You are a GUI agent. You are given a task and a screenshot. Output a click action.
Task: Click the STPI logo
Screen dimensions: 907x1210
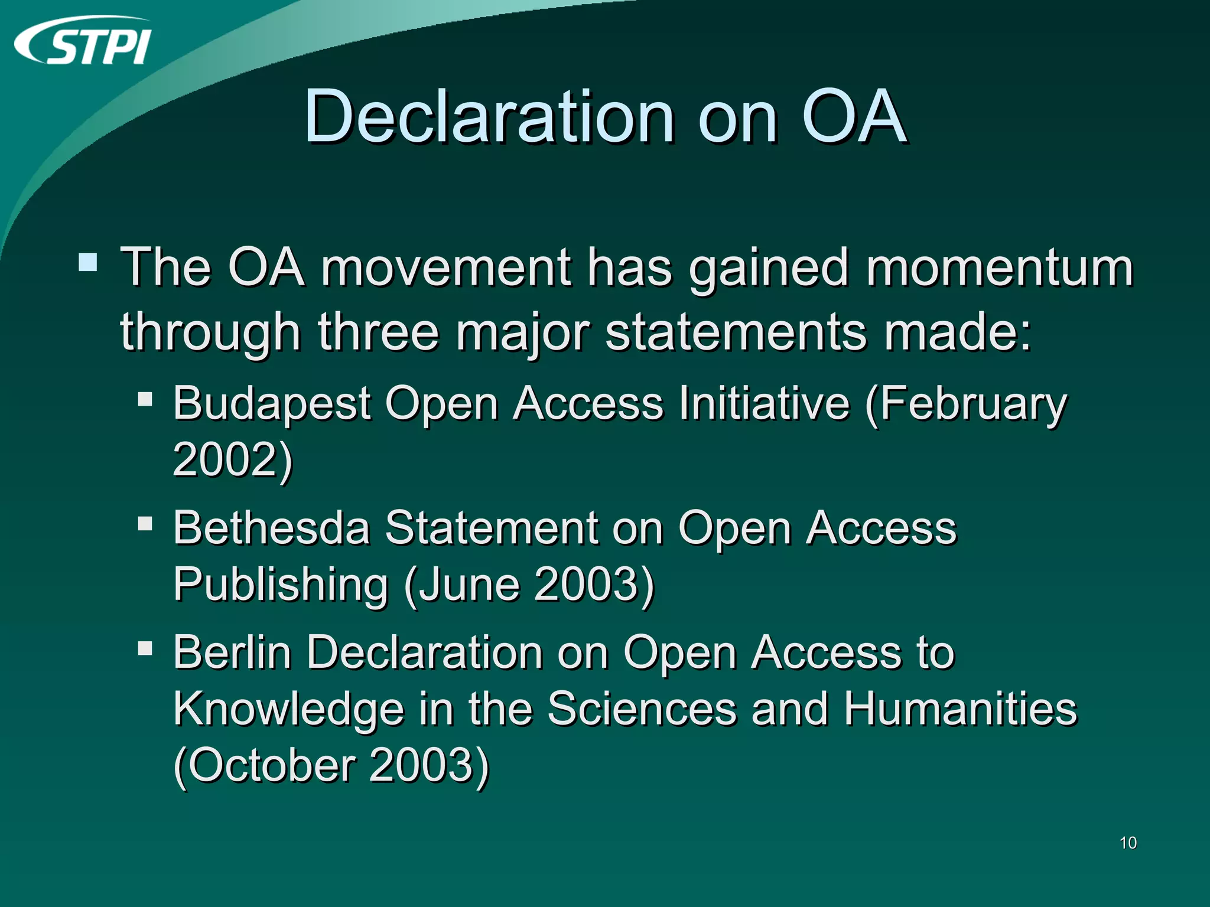pos(83,41)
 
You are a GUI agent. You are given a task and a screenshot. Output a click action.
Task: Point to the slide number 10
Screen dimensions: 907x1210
pos(1128,843)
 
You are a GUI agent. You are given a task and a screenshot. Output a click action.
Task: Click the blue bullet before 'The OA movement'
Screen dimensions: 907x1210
pos(88,262)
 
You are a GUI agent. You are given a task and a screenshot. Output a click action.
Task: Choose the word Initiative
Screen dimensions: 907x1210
pos(764,403)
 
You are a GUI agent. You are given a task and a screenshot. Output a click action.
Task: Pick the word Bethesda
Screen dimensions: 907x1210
pos(272,527)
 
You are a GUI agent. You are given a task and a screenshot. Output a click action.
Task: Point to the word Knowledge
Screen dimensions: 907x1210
pos(288,709)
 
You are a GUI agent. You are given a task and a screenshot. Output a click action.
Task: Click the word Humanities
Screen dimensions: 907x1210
pos(960,708)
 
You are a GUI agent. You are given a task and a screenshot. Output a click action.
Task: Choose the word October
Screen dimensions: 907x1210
pos(272,765)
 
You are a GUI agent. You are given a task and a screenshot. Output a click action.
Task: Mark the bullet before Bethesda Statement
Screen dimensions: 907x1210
pos(145,524)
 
